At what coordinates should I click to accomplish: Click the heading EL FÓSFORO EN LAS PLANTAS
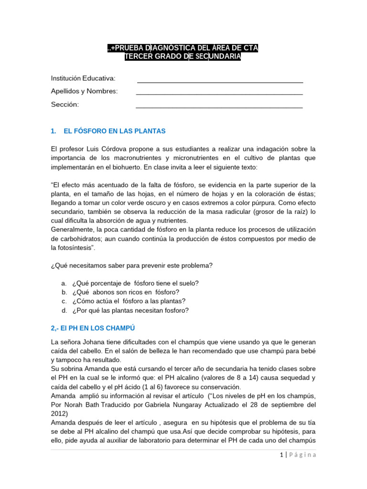point(114,131)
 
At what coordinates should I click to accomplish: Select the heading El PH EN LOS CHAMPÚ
point(93,328)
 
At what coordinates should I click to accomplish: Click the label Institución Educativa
point(83,78)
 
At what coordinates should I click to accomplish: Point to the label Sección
point(65,105)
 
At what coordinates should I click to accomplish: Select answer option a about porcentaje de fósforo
point(135,283)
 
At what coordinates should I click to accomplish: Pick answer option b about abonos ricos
point(126,292)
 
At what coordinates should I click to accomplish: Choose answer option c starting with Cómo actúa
point(129,301)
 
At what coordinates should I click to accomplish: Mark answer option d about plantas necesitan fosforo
point(130,310)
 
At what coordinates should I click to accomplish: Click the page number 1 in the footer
point(281,455)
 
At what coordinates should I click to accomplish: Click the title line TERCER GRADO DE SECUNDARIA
point(183,57)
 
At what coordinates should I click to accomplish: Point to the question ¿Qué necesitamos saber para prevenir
point(131,266)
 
